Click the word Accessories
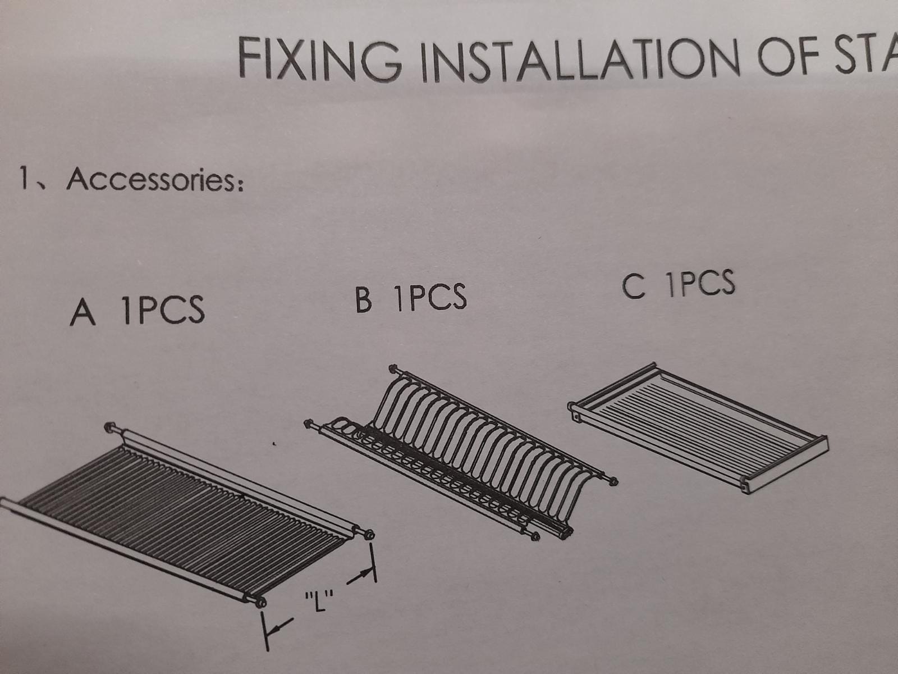coord(155,180)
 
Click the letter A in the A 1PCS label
coord(83,313)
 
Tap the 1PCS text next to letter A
coord(164,310)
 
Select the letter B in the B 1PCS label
coord(363,299)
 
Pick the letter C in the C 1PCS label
coord(634,287)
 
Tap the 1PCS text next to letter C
coord(701,283)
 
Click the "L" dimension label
coord(319,601)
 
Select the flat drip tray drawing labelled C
coord(698,427)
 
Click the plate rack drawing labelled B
coord(461,452)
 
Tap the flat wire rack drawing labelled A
coord(186,516)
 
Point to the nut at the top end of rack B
coord(393,368)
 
